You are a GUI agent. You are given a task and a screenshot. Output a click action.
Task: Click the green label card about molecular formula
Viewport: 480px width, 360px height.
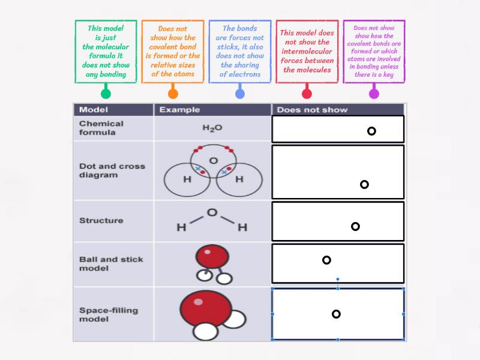[106, 52]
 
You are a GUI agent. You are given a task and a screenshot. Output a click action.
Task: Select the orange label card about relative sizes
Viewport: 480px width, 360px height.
[173, 52]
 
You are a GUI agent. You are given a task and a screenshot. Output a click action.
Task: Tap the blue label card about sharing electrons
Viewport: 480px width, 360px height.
[240, 52]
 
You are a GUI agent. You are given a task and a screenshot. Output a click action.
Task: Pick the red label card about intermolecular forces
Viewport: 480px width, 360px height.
[307, 52]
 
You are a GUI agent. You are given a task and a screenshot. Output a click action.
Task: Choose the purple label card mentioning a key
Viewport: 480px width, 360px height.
[374, 52]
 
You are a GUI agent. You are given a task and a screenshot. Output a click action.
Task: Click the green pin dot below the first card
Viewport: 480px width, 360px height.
[106, 93]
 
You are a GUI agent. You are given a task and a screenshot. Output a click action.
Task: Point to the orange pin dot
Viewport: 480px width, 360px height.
[173, 93]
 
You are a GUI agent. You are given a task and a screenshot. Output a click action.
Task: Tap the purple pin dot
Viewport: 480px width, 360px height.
[374, 93]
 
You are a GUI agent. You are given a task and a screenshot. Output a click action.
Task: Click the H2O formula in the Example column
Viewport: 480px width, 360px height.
[212, 128]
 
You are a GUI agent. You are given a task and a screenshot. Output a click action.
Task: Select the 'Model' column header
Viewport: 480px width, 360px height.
[94, 110]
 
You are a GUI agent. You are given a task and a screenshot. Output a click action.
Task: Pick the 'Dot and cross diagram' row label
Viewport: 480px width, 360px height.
[112, 170]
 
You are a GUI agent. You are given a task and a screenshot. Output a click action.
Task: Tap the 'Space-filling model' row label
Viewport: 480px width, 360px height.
[109, 314]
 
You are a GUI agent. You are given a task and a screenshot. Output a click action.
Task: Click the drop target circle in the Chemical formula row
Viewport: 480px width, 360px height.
[371, 131]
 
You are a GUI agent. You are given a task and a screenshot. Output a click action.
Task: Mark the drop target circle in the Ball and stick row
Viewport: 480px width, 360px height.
[326, 260]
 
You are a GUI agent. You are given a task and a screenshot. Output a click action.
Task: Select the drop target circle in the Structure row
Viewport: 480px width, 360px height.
[355, 226]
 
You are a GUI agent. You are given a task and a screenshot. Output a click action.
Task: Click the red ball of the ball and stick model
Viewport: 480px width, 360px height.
[212, 257]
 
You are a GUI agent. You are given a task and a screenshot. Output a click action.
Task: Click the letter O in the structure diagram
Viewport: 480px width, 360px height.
[212, 212]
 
